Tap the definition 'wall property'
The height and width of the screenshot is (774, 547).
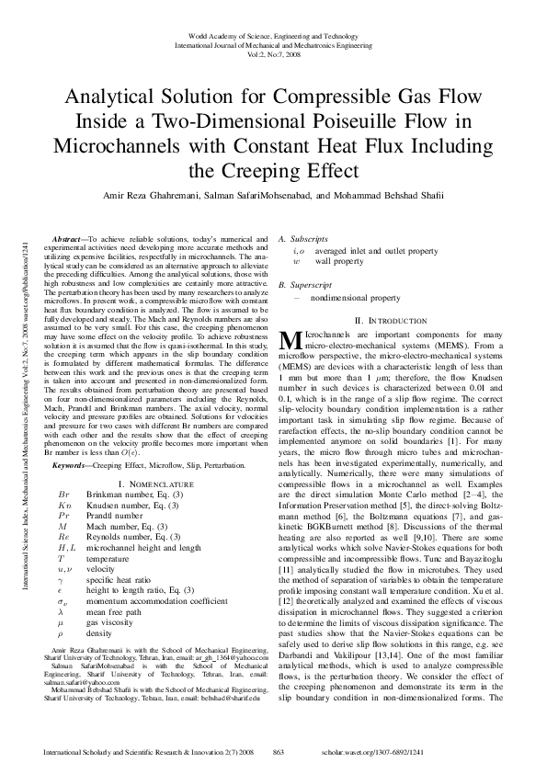tap(339, 261)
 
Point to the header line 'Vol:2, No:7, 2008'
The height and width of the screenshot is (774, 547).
tap(273, 53)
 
